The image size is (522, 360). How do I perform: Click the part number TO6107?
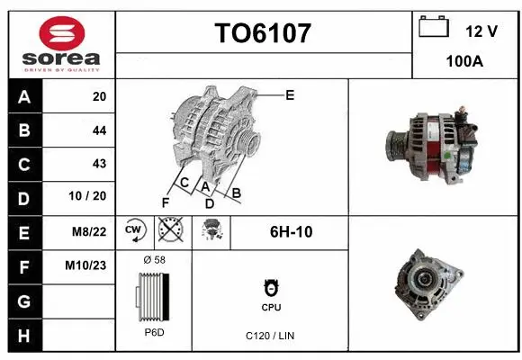(x=263, y=33)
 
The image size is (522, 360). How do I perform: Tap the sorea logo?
(x=62, y=45)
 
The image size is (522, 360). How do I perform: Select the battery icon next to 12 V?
(x=434, y=27)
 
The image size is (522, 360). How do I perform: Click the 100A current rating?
(x=464, y=61)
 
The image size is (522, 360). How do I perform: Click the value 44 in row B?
(x=99, y=130)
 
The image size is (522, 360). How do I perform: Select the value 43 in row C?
(x=99, y=164)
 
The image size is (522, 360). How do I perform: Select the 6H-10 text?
(x=292, y=231)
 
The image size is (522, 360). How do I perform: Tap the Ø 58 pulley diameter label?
(x=154, y=260)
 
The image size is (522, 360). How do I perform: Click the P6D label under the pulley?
(x=154, y=332)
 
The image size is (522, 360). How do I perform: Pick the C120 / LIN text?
(x=270, y=336)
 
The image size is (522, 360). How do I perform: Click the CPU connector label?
(x=271, y=307)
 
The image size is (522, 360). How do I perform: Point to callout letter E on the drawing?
(x=289, y=94)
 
